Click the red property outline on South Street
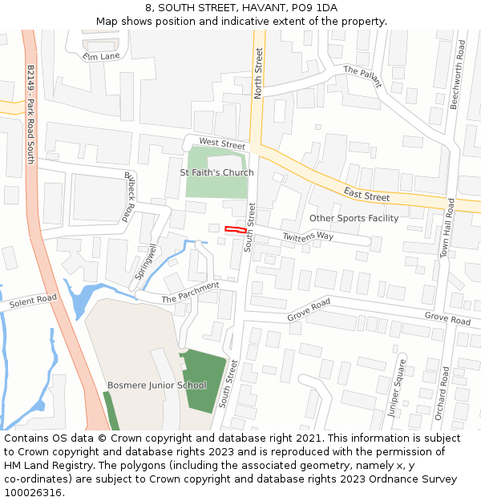[235, 229]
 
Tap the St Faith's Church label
[216, 172]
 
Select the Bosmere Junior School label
[157, 386]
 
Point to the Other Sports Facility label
[354, 218]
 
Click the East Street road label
[366, 193]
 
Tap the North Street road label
[258, 73]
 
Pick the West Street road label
[222, 143]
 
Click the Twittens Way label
[308, 236]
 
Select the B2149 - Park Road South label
[30, 114]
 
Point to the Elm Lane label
[101, 56]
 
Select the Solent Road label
[33, 303]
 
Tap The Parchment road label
[190, 293]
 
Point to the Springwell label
[146, 261]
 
